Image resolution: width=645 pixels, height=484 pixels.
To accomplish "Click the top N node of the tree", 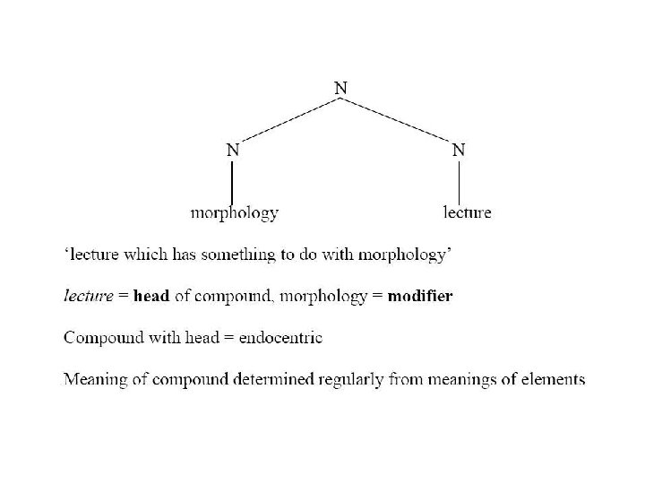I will pos(341,88).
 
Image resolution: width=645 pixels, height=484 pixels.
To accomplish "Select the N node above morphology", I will pos(232,151).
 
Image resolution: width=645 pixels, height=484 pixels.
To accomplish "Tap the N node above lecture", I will pos(458,151).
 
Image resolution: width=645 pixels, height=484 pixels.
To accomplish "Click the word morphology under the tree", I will pos(235,213).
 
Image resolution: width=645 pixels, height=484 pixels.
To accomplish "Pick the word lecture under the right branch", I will pos(468,213).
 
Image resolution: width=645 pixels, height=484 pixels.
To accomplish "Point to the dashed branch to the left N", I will pos(286,119).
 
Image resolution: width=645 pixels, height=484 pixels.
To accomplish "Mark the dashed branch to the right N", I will pos(399,119).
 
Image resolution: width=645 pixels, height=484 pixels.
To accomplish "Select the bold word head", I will pos(151,297).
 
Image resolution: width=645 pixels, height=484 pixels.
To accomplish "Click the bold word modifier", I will pos(420,297).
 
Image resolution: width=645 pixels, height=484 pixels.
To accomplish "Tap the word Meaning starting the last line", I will pos(93,379).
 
